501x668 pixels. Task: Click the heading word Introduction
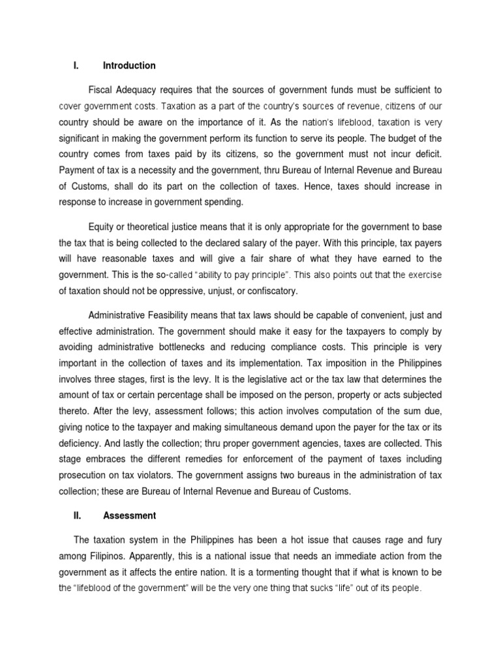tap(129, 66)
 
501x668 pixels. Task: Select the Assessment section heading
tap(129, 515)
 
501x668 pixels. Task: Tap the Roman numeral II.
tap(76, 515)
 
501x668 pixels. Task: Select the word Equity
tap(100, 226)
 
